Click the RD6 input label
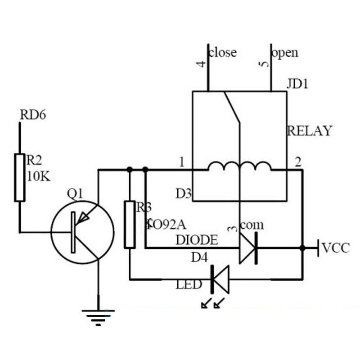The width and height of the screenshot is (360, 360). pos(33,115)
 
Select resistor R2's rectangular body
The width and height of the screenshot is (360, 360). pos(20,177)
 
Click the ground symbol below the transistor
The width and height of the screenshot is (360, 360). pos(98,315)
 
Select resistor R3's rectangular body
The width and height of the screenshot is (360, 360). pos(130,224)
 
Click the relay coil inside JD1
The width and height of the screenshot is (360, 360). pos(239,167)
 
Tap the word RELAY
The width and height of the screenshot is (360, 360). pos(310,131)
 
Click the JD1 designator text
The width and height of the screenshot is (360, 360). pos(297,85)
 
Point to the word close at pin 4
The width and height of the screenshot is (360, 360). pos(223,52)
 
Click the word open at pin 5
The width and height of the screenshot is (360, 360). pos(285,53)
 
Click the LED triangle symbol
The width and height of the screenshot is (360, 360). pos(220,279)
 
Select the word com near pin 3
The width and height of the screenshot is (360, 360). pos(252,224)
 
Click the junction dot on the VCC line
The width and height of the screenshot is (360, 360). pos(302,247)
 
